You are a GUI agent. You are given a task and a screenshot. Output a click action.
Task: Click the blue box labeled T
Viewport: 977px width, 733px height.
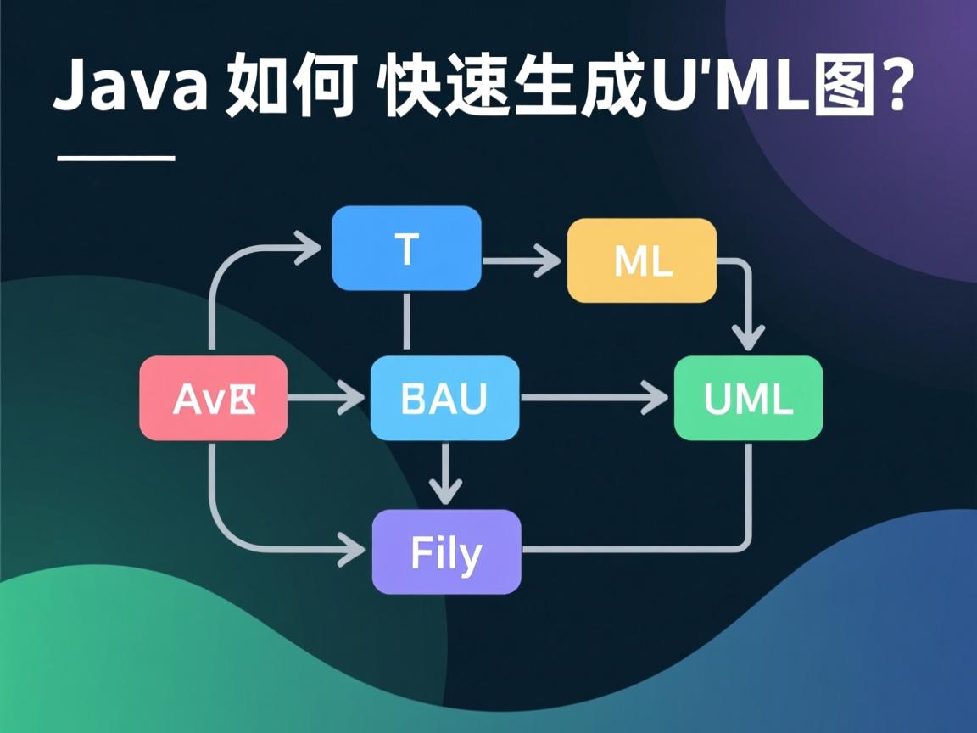point(406,249)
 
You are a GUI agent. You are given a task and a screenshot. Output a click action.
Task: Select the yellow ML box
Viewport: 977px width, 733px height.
point(642,260)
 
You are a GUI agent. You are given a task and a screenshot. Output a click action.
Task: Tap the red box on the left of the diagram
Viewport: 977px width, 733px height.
point(214,398)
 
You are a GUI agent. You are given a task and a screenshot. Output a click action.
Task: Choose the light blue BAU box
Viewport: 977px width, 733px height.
point(444,398)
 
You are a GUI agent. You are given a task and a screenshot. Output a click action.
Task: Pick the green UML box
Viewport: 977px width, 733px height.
point(748,398)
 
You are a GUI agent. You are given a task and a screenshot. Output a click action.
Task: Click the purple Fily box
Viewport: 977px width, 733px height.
point(446,551)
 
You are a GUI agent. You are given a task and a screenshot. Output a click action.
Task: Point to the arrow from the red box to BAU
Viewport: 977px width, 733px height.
point(327,397)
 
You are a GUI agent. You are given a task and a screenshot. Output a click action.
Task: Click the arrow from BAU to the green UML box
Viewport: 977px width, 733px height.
point(594,397)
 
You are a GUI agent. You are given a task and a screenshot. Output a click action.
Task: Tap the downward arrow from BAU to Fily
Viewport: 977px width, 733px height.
point(445,473)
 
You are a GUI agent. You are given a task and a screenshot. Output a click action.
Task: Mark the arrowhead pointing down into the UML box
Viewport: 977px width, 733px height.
point(748,338)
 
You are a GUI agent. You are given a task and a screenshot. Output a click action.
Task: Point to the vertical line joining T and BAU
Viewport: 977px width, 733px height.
point(407,322)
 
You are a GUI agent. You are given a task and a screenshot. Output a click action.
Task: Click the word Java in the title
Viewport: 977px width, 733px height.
point(129,87)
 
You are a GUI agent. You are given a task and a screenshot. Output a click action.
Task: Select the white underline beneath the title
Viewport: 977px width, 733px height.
point(115,158)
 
